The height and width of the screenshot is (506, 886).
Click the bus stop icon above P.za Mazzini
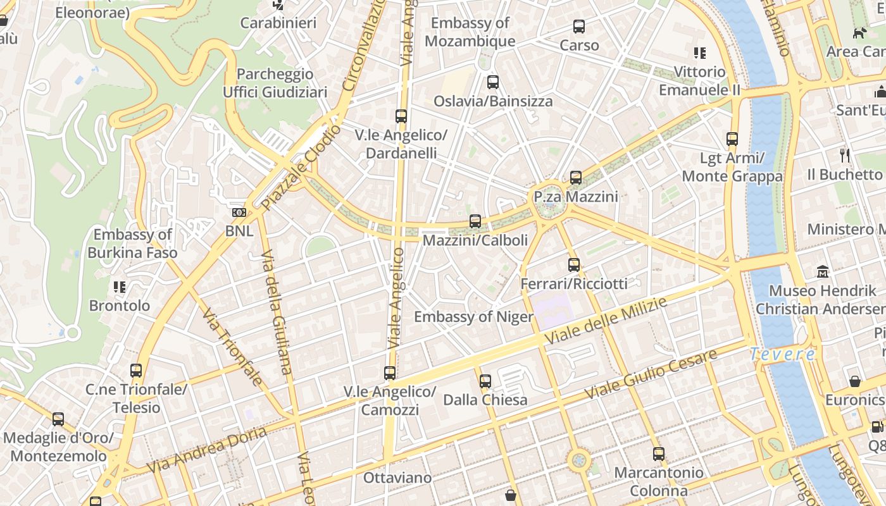(x=575, y=178)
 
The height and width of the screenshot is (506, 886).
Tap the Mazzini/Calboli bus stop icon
(x=475, y=221)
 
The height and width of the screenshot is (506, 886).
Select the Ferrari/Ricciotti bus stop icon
(x=574, y=265)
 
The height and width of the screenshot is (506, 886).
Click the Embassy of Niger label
(x=473, y=317)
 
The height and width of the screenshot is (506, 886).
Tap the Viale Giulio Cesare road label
(x=651, y=373)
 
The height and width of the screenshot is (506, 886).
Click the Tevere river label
(x=782, y=354)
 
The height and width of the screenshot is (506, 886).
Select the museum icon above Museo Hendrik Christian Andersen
(x=823, y=272)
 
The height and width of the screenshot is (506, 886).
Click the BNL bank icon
(x=239, y=213)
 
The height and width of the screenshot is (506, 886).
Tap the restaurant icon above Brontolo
(x=120, y=287)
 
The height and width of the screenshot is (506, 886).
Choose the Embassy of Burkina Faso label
(x=132, y=244)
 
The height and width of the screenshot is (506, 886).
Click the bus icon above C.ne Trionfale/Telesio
(x=136, y=371)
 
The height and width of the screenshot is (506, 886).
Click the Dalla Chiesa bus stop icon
(x=485, y=381)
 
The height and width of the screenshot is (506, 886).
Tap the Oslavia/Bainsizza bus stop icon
(x=493, y=82)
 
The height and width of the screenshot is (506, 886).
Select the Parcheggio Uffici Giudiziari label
(x=275, y=83)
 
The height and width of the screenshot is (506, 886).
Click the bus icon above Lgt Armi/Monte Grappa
(x=732, y=139)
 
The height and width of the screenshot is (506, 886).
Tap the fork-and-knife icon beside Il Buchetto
(x=844, y=156)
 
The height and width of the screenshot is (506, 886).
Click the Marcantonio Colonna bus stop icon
(x=659, y=454)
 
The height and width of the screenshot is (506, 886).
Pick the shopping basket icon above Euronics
(x=855, y=381)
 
